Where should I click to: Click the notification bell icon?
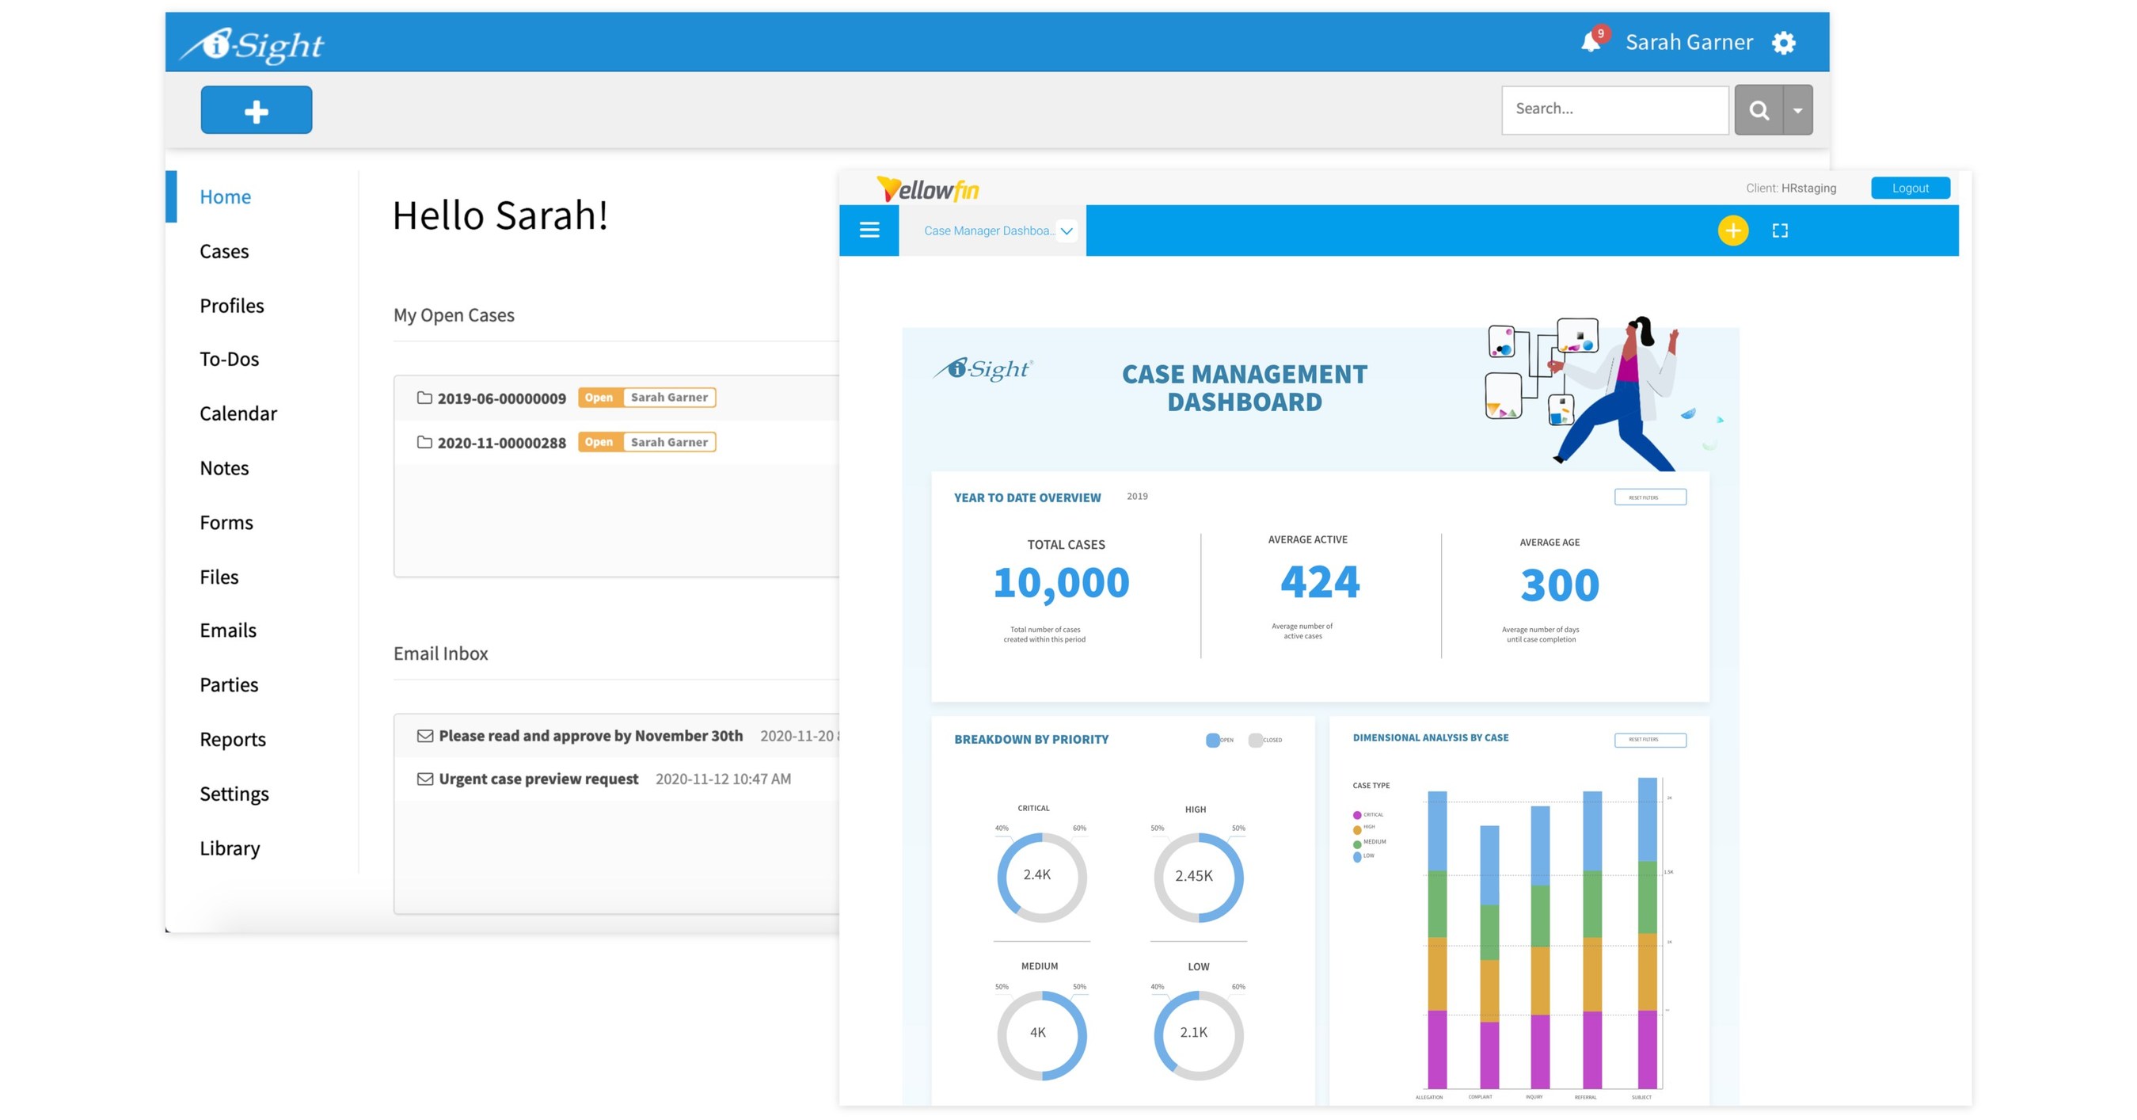coord(1589,41)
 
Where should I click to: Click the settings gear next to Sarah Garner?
coord(1784,42)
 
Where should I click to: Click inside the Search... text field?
coord(1614,109)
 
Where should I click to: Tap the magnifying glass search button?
coord(1758,109)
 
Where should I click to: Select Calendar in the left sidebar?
coord(238,413)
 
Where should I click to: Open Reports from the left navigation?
coord(232,739)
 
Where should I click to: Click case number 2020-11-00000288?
coord(501,443)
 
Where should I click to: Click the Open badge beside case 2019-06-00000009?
coord(598,398)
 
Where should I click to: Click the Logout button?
coord(1909,189)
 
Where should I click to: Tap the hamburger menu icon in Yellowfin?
coord(869,230)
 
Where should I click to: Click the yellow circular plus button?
coord(1732,230)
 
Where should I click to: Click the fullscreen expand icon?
coord(1779,230)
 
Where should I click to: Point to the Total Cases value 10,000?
coord(1061,582)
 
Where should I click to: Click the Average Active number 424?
coord(1319,581)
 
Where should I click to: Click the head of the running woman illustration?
coord(1638,330)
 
